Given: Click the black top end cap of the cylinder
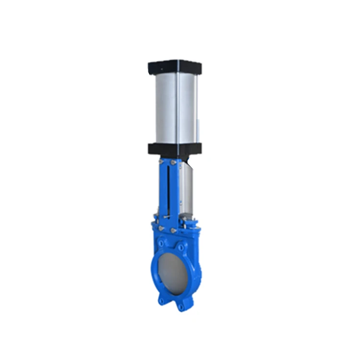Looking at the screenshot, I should [175, 66].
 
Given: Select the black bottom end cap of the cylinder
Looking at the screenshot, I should [175, 148].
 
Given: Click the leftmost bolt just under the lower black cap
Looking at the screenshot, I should [161, 162].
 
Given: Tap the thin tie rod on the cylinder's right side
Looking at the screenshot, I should [196, 108].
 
